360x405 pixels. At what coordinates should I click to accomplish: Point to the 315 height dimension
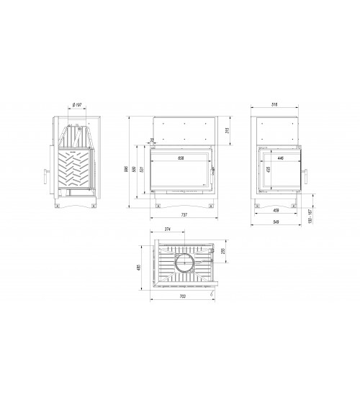(228, 129)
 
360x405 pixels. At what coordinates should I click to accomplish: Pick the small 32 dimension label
(152, 141)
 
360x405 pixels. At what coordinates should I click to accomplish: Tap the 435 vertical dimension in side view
(267, 171)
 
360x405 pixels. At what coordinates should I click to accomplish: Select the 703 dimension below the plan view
(180, 296)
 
